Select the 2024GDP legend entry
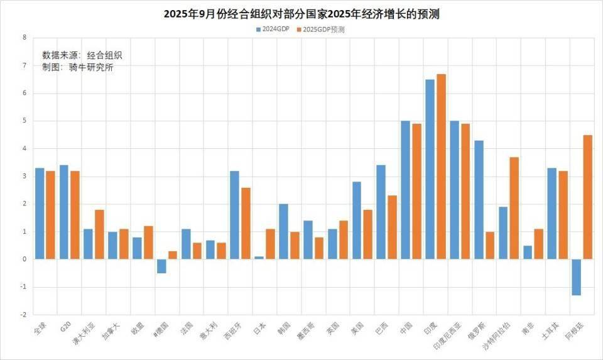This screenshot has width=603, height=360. (x=272, y=29)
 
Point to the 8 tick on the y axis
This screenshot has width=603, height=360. (x=24, y=38)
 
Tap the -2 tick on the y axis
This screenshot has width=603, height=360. (x=23, y=315)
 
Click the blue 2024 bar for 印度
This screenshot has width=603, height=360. (x=430, y=169)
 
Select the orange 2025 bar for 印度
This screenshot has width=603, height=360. (x=442, y=166)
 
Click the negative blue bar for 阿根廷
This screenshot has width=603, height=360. (x=576, y=277)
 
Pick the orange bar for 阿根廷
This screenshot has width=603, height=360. (x=588, y=197)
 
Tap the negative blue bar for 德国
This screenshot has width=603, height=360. (x=161, y=266)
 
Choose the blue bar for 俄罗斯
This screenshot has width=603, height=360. (x=479, y=200)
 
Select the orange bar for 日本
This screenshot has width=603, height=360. (x=271, y=244)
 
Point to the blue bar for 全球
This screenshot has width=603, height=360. (x=40, y=214)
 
